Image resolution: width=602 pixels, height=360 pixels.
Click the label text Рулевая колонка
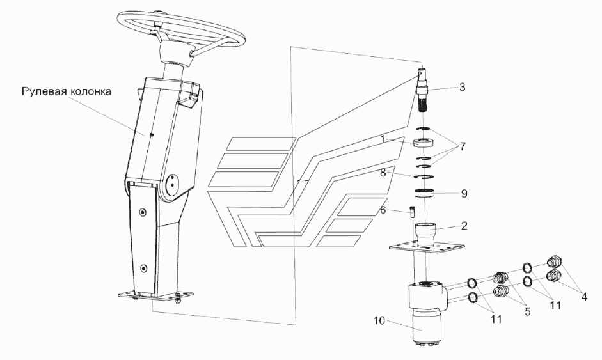point(67,91)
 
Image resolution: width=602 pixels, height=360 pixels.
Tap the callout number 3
point(463,87)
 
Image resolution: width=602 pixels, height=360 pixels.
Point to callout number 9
point(464,194)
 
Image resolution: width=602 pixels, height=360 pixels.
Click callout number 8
point(383,173)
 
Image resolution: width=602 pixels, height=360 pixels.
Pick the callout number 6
point(383,210)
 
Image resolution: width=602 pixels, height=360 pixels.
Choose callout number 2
point(464,226)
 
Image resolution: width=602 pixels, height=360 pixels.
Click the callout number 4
point(584,297)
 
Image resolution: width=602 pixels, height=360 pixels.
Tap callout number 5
point(528,311)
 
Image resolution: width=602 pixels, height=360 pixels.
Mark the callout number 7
point(463,146)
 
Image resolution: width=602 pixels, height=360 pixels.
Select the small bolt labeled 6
point(412,211)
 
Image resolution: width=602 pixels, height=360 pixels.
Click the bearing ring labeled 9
point(425,194)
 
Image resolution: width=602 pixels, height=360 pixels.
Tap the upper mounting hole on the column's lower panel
point(143,212)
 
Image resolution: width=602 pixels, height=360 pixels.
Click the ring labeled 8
point(424,176)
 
